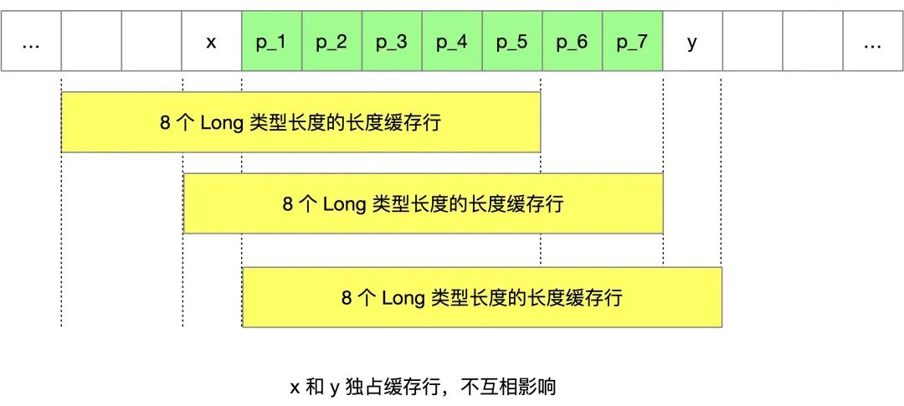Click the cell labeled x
coord(211,41)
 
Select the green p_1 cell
coord(271,41)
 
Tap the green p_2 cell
coord(331,41)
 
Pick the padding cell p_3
coord(392,41)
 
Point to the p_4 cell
coord(452,41)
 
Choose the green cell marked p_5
coord(512,41)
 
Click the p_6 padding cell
coord(572,41)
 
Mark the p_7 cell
coord(632,41)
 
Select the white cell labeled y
coord(692,41)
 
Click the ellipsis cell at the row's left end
coord(31,41)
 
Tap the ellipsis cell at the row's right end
coord(872,41)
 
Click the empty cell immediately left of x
coord(152,41)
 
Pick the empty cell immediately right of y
coord(752,41)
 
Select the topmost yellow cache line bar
coord(301,122)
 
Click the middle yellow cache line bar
coord(424,203)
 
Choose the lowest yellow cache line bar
coord(482,297)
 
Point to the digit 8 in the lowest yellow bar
coord(347,298)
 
